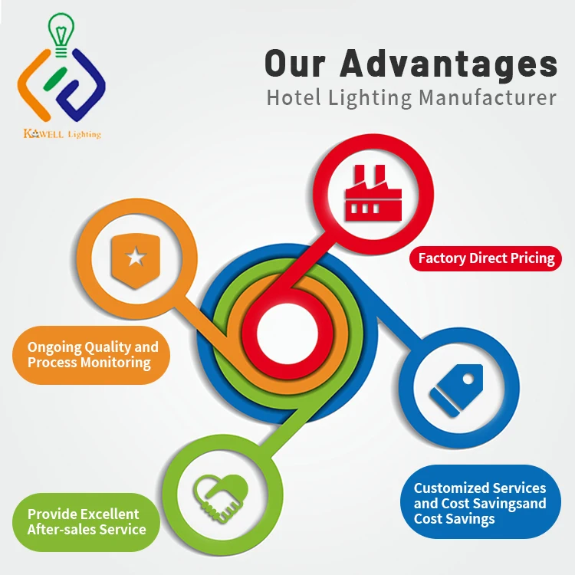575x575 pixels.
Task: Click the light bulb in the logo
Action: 60,31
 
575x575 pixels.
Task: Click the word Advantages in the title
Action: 449,64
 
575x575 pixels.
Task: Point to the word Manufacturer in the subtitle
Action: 488,98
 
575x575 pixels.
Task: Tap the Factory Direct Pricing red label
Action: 486,258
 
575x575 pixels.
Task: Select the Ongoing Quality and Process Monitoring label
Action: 92,355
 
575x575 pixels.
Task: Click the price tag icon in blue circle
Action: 457,390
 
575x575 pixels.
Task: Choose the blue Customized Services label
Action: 481,503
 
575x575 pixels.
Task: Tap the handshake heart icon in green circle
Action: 220,495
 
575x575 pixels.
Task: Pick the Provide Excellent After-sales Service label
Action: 86,521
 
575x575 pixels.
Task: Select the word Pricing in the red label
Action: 529,258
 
